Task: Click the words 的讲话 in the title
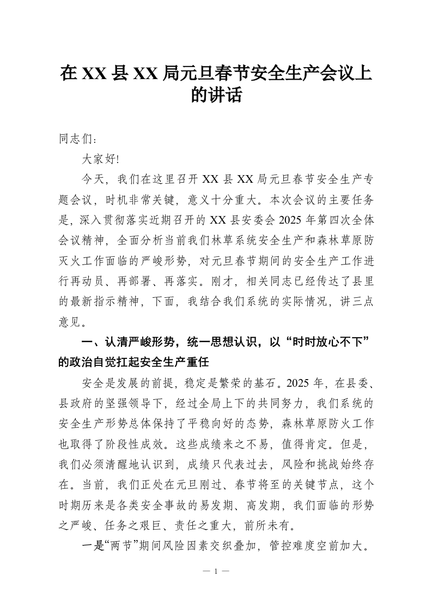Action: point(216,96)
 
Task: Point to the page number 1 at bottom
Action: point(216,572)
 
